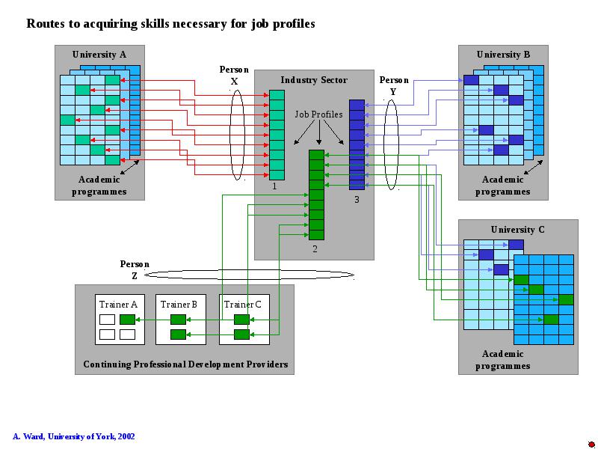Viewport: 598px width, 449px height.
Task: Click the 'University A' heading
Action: (x=99, y=55)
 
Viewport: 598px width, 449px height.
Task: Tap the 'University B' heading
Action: (x=503, y=55)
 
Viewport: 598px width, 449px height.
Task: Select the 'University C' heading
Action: (x=517, y=230)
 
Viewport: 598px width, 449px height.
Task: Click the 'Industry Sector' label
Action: (x=314, y=80)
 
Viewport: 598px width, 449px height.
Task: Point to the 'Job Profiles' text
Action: (x=318, y=114)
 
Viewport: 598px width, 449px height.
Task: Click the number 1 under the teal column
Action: (x=274, y=186)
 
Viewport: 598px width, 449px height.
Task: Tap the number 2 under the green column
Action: (x=315, y=249)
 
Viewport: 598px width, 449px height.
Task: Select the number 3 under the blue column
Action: (x=357, y=199)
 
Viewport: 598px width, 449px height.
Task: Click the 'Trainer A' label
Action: (x=118, y=305)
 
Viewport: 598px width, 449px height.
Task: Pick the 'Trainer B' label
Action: (x=179, y=305)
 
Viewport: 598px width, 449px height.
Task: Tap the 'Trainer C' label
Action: (x=242, y=305)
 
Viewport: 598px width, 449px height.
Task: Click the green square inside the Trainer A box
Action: (x=127, y=320)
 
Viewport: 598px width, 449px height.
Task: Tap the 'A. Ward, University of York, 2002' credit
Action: (x=73, y=436)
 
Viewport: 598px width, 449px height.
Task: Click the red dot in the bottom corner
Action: (x=591, y=444)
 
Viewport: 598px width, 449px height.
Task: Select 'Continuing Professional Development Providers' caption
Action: (x=185, y=364)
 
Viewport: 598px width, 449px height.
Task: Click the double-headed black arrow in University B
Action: (x=533, y=167)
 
